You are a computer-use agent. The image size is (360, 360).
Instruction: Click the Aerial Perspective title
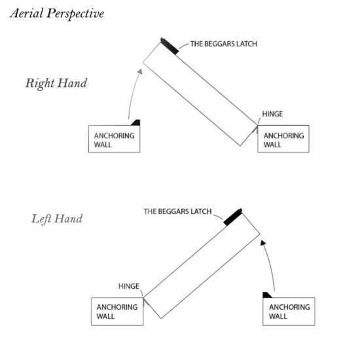coord(57,14)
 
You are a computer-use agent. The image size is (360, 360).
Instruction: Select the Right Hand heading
coord(56,83)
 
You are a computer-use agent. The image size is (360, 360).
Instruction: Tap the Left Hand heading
coord(57,219)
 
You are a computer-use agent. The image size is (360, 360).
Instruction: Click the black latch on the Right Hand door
coord(170,46)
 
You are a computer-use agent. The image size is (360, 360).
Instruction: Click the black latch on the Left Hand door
coord(232,217)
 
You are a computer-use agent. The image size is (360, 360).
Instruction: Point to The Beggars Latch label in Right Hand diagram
coord(224,44)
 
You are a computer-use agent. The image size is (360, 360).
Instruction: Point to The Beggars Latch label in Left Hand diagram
coord(177,211)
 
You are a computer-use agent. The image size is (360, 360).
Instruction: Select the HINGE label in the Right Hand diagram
coord(272,114)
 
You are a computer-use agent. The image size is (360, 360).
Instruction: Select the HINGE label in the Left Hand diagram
coord(129,286)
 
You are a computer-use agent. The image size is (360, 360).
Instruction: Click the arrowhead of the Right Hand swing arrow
coord(140,71)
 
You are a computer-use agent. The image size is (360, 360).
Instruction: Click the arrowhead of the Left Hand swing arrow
coord(263,243)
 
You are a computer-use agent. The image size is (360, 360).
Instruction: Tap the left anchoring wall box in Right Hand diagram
coord(114,139)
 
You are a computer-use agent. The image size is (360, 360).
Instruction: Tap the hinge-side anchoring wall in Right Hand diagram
coord(283,139)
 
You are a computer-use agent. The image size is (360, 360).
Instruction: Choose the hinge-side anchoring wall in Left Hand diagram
coord(117,312)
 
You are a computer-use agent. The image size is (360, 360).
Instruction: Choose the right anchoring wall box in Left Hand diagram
coord(289,312)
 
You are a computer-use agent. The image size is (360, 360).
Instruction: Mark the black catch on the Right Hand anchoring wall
coord(136,123)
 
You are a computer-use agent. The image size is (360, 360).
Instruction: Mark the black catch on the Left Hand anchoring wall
coord(267,295)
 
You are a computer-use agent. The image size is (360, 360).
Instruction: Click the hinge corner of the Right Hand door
coord(257,125)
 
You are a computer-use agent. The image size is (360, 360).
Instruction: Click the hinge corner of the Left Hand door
coord(143,298)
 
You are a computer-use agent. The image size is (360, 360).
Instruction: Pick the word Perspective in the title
coord(75,14)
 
